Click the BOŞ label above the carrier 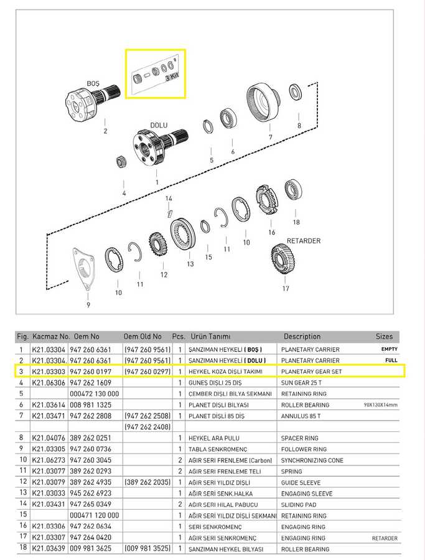click(x=93, y=83)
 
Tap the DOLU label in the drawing click(x=159, y=125)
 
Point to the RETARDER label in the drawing click(x=304, y=241)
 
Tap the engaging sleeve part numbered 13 click(x=182, y=235)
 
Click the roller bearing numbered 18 click(x=294, y=190)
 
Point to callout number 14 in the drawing click(x=169, y=198)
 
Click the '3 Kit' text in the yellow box click(x=172, y=77)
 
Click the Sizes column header click(x=384, y=337)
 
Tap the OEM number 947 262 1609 click(x=90, y=383)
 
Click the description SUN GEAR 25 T click(x=301, y=383)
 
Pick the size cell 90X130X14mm click(x=380, y=405)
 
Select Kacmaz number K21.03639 click(x=49, y=548)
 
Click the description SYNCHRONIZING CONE click(x=312, y=460)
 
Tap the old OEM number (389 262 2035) click(x=147, y=482)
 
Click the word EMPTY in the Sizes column click(x=390, y=349)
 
